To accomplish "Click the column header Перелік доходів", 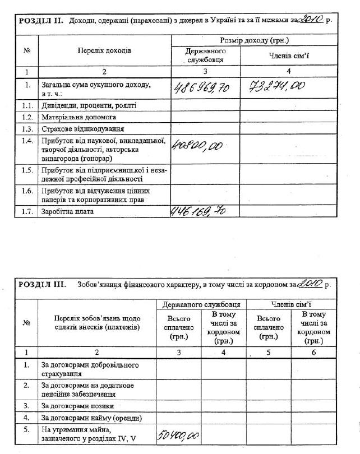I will [x=104, y=50].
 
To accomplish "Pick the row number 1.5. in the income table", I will [x=26, y=169].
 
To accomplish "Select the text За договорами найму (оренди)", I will [x=91, y=418].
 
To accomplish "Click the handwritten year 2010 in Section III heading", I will [x=308, y=284].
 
